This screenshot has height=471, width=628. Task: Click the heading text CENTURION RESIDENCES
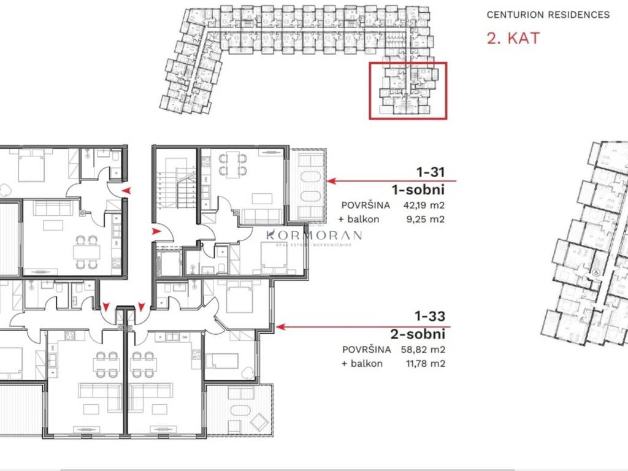[x=548, y=15]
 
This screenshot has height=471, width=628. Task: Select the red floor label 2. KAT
[x=513, y=39]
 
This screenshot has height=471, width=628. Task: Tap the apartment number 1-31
[x=431, y=172]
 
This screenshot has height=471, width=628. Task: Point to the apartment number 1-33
[x=430, y=316]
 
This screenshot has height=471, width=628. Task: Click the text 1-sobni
[x=418, y=190]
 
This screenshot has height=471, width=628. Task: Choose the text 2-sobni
[x=418, y=334]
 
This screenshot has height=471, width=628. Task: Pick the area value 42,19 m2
[x=424, y=205]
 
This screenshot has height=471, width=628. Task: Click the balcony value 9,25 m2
[x=426, y=219]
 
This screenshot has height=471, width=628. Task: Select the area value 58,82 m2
[x=423, y=349]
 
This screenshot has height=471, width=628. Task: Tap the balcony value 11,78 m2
[x=425, y=364]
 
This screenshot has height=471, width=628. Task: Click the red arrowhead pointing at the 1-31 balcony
[x=331, y=181]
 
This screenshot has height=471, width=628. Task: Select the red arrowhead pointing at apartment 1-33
[x=280, y=327]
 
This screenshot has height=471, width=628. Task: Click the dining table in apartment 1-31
[x=232, y=164]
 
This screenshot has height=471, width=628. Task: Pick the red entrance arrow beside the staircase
[x=156, y=231]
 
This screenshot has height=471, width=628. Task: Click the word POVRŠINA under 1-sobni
[x=366, y=205]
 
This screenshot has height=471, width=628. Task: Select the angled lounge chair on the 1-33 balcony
[x=259, y=422]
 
